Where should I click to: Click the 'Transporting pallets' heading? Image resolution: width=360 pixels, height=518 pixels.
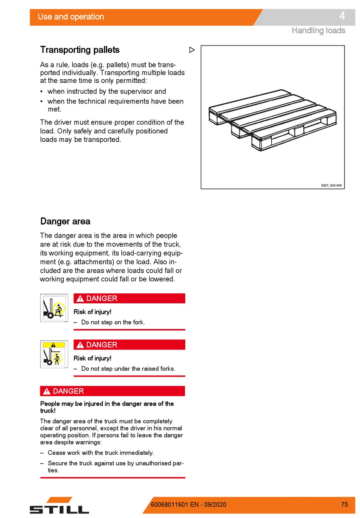[80, 50]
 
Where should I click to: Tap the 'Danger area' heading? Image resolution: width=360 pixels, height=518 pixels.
[65, 221]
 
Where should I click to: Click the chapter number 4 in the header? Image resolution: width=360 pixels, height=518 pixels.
[342, 16]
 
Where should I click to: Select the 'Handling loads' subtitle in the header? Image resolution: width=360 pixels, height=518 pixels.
[318, 31]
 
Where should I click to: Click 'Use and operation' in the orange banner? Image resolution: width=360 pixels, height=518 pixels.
[71, 17]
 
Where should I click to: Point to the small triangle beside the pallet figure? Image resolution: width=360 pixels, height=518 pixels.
[192, 50]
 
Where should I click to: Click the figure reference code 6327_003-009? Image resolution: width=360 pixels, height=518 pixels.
[331, 185]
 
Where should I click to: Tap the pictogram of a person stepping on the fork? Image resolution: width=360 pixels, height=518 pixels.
[54, 308]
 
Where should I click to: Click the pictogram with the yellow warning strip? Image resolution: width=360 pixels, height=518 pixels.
[54, 354]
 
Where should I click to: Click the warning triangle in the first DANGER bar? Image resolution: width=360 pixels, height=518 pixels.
[80, 298]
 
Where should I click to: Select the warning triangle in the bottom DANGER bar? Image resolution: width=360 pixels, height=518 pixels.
[47, 391]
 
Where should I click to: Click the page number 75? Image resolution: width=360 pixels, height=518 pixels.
[344, 504]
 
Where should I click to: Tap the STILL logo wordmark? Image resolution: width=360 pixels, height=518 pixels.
[59, 509]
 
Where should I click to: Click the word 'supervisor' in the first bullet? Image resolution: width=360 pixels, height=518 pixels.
[133, 92]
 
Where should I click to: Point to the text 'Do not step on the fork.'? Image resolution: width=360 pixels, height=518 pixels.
[113, 322]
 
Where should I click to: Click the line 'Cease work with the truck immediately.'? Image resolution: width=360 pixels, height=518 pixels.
[101, 452]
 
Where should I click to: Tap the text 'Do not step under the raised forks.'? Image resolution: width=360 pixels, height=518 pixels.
[128, 368]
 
